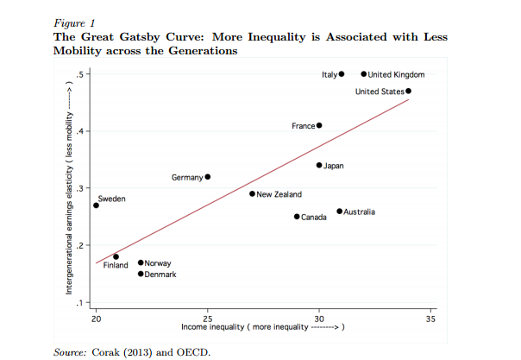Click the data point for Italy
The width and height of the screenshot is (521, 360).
[x=342, y=74]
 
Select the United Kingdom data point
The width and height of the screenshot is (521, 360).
[x=364, y=74]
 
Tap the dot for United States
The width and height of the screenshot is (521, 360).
[x=409, y=91]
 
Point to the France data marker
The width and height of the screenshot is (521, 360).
[x=319, y=125]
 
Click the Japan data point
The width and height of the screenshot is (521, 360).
[x=319, y=165]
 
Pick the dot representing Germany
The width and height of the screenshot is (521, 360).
[x=208, y=176]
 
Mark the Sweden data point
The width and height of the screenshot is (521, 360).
[x=97, y=205]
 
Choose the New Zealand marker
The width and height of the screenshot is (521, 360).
[x=253, y=193]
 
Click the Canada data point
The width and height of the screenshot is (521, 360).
[x=297, y=217]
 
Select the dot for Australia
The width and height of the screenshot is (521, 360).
[x=340, y=212]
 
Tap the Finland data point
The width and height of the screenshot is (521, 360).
[x=116, y=256]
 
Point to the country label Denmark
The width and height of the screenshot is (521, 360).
[x=160, y=275]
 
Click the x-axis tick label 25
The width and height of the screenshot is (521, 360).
[x=208, y=319]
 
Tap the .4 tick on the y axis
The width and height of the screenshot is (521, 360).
[x=79, y=131]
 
